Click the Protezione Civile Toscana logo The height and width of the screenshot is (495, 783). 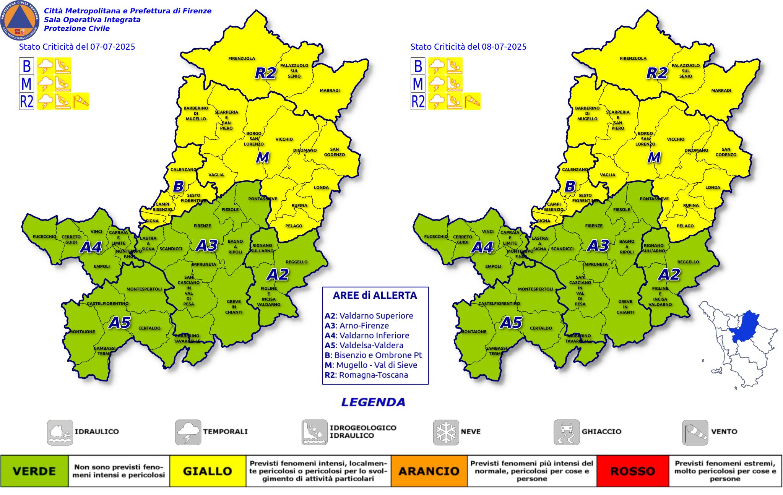click(20, 20)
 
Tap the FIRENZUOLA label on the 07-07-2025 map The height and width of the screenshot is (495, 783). click(242, 58)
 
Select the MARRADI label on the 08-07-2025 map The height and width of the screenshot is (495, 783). click(721, 91)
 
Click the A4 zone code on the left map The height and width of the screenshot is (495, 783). click(91, 248)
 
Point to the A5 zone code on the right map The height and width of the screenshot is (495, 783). click(512, 323)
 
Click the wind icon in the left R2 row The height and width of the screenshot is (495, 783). click(81, 101)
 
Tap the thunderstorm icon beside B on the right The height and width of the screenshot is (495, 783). click(436, 66)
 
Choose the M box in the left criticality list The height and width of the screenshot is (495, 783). click(26, 84)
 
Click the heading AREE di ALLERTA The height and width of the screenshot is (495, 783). click(375, 295)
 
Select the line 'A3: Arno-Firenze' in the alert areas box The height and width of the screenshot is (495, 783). click(357, 326)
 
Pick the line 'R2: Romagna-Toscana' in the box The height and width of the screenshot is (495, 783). click(366, 375)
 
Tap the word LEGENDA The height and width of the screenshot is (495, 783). click(373, 402)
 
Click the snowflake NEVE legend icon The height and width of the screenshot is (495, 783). click(446, 432)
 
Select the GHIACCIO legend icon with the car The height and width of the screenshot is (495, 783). click(566, 432)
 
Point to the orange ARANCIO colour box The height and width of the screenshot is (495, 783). click(429, 471)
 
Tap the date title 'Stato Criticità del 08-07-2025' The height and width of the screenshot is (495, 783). click(468, 47)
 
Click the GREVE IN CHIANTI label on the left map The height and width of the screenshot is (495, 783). click(234, 307)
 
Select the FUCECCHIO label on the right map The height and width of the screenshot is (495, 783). click(436, 237)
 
